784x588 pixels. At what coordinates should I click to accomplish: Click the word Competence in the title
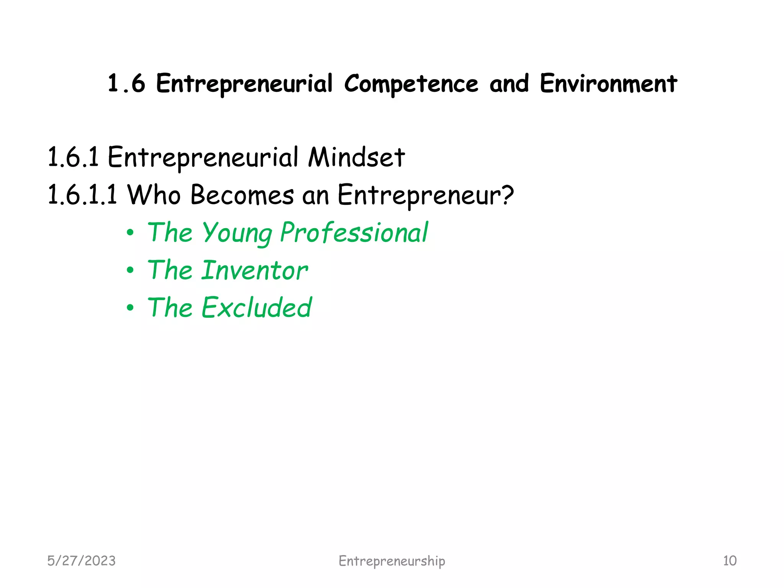coord(411,83)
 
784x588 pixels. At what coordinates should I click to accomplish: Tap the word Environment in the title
coord(608,83)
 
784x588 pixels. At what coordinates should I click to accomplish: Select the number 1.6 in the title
coord(126,83)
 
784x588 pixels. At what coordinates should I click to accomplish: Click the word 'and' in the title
coord(509,83)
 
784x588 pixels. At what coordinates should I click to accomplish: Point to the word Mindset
coord(356,157)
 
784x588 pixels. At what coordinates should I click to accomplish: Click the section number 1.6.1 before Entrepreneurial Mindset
coord(73,157)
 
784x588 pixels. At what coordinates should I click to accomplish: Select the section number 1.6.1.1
coord(82,194)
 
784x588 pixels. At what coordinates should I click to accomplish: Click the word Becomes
coord(242,194)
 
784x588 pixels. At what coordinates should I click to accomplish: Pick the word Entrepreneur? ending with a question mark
coord(425,194)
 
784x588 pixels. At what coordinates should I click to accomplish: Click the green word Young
coord(237,233)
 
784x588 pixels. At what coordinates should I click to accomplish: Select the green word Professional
coord(354,233)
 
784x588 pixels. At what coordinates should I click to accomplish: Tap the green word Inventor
coord(255,270)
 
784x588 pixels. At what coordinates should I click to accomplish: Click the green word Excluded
coord(257,307)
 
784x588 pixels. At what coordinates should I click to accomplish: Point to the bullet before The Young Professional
coord(130,233)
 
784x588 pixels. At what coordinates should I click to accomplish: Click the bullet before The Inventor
coord(130,270)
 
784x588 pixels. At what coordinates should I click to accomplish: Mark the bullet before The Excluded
coord(130,307)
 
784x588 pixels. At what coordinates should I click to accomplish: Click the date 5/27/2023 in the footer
coord(81,561)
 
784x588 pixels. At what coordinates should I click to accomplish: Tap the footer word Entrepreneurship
coord(392,561)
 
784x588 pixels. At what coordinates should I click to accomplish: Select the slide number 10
coord(730,561)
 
